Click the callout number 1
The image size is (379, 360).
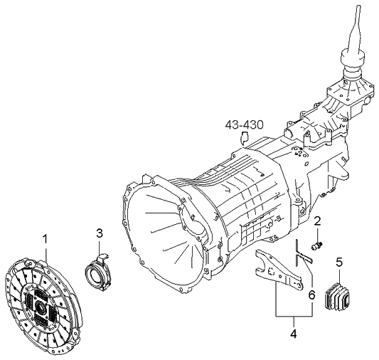click(46, 239)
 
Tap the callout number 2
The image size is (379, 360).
click(317, 221)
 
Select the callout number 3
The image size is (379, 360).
click(100, 233)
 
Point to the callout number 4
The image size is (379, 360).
click(294, 334)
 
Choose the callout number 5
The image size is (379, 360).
click(339, 263)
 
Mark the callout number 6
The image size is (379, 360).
click(312, 295)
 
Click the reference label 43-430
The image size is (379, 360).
click(244, 125)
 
